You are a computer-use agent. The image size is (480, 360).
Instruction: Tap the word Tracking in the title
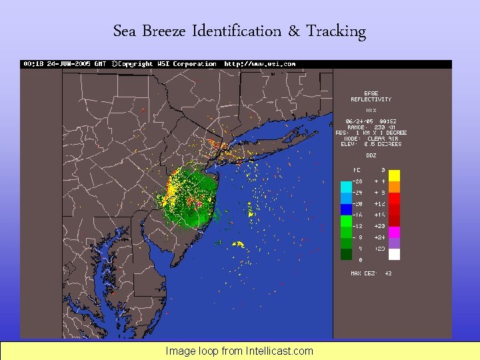(336, 31)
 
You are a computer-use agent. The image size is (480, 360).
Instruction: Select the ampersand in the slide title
(294, 31)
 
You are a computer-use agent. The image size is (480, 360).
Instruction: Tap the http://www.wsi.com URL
(259, 64)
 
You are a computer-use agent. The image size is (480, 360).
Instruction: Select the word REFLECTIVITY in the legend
(371, 99)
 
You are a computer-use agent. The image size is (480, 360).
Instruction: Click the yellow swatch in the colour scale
(394, 175)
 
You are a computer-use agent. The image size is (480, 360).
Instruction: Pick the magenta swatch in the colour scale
(394, 231)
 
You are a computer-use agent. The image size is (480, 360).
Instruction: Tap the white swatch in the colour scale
(394, 254)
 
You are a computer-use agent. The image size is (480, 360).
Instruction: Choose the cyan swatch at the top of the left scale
(346, 187)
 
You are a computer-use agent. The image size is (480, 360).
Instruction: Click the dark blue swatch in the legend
(346, 209)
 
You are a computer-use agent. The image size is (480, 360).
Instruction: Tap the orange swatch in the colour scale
(394, 187)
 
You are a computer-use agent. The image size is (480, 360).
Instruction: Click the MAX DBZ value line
(371, 273)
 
